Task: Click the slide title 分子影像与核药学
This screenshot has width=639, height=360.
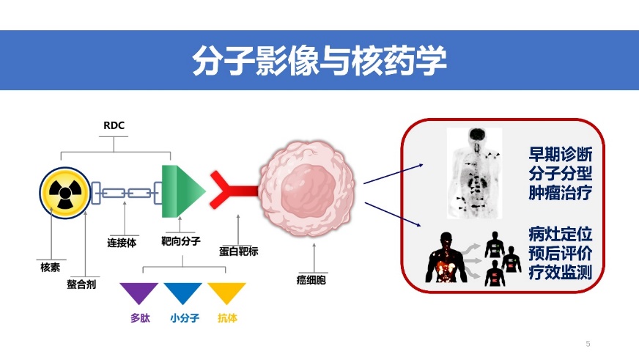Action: coord(319,61)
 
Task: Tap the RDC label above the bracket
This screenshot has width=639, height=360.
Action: coord(115,125)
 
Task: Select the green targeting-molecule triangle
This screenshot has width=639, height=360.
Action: coord(180,190)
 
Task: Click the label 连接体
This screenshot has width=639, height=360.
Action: coord(122,242)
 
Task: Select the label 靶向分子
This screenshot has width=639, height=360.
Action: coord(181,240)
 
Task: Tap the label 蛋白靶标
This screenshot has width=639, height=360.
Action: coord(238,251)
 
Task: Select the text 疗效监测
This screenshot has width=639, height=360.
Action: coord(560,272)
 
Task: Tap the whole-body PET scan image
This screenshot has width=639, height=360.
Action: coord(476,174)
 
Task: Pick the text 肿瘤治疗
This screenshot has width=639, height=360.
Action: coord(560,194)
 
